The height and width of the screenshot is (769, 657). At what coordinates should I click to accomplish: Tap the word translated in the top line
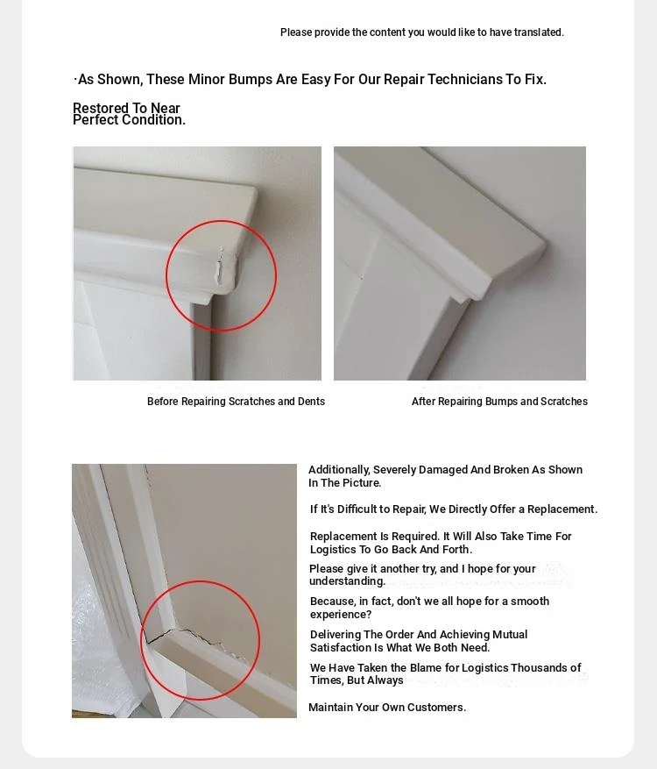click(539, 32)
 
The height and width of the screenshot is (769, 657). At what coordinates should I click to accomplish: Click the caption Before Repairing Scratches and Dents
click(237, 402)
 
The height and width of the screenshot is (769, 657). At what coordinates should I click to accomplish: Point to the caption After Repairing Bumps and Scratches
click(499, 402)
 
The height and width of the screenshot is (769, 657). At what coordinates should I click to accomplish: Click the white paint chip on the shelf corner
click(220, 267)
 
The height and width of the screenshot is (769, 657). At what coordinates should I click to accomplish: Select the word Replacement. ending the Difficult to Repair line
click(562, 509)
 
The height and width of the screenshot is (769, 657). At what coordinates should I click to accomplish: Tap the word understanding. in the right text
click(348, 581)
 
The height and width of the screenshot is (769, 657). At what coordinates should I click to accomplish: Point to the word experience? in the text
click(341, 615)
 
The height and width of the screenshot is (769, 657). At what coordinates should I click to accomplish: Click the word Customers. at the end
click(436, 708)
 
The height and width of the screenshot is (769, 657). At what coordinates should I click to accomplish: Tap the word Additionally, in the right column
click(339, 470)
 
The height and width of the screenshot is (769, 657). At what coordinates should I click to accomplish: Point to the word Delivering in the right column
click(336, 635)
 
